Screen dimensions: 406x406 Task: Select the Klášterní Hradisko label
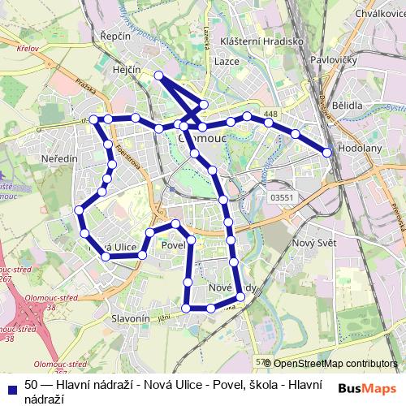point(258,39)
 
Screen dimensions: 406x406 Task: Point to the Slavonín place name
point(131,319)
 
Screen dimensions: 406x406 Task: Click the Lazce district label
point(227,61)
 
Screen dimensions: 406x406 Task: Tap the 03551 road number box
point(282,197)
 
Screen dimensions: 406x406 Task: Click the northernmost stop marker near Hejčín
point(159,76)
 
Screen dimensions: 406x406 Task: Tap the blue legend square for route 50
point(11,385)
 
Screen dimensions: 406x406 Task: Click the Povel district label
point(172,244)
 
